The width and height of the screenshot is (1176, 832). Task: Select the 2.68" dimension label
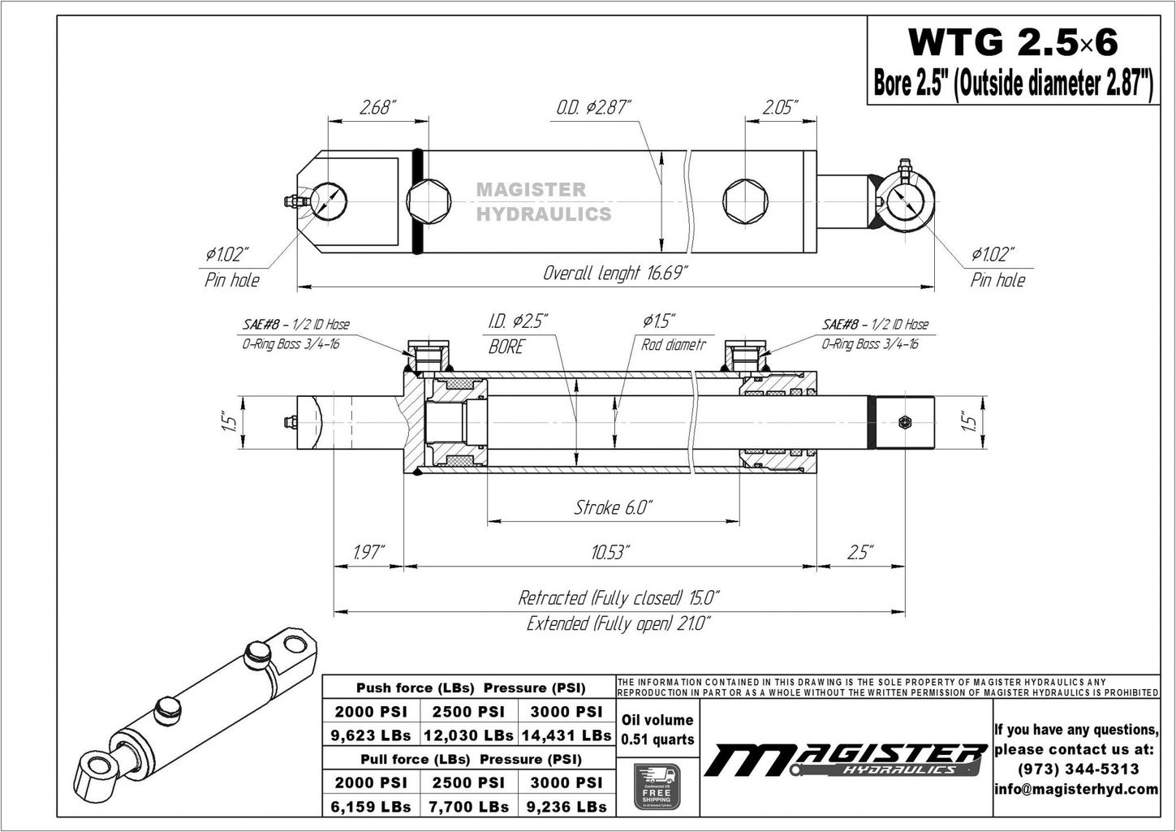[x=377, y=107]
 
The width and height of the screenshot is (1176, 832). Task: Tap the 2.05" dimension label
[x=779, y=107]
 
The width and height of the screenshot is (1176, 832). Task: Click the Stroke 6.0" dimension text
[x=613, y=507]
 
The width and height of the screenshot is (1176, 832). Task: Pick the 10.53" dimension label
[x=610, y=553]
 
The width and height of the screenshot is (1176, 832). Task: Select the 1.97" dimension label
[x=370, y=553]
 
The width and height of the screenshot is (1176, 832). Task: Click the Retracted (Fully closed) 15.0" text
[x=618, y=598]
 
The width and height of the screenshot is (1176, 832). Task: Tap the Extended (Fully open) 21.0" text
[x=618, y=623]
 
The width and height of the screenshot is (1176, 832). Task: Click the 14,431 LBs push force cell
[x=566, y=735]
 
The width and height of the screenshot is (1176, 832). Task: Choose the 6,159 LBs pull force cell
[x=371, y=807]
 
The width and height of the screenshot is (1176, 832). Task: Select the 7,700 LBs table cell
[x=468, y=807]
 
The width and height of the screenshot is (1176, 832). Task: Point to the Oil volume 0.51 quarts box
[x=657, y=730]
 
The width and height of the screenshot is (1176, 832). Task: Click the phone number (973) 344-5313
[x=1076, y=769]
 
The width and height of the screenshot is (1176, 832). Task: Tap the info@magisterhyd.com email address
[x=1076, y=789]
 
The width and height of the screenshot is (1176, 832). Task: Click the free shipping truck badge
[x=657, y=785]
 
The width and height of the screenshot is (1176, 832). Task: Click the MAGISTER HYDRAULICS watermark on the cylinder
[x=542, y=202]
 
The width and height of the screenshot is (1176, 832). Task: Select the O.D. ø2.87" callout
[x=593, y=107]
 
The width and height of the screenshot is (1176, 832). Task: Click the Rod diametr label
[x=673, y=345]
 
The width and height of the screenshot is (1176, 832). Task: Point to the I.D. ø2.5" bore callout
[x=518, y=321]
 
